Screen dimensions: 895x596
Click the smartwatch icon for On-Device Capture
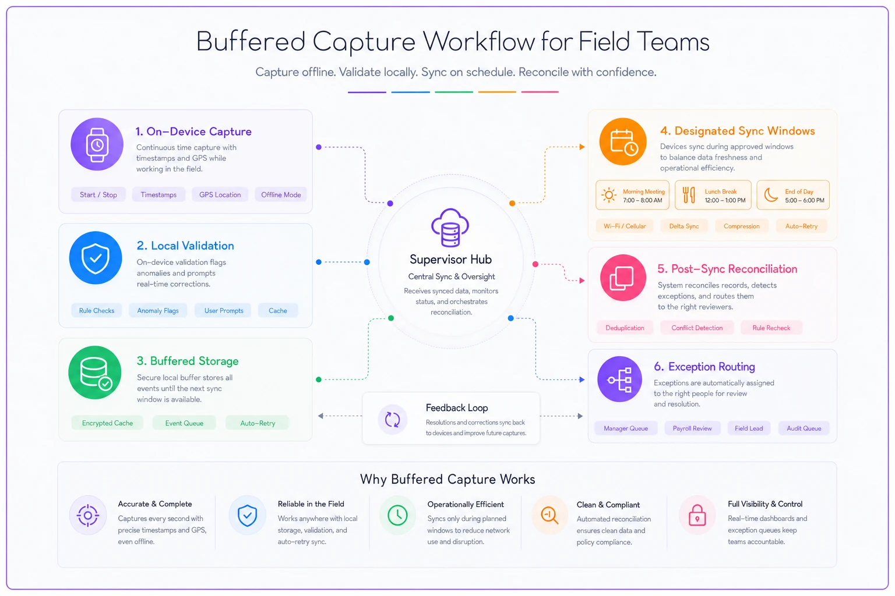coord(97,144)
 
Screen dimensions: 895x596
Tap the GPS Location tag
coord(220,195)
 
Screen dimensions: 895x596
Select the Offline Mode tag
coord(281,195)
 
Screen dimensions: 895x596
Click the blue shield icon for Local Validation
coord(96,258)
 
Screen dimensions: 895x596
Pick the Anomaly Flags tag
coord(158,311)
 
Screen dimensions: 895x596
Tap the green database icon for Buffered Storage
coord(95,372)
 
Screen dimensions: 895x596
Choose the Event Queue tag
coord(184,423)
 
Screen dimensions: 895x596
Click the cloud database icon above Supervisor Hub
coord(450,227)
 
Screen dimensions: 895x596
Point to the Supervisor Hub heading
coord(450,260)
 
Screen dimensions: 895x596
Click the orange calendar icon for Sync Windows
coord(623,141)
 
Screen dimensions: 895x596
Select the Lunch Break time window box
coord(713,195)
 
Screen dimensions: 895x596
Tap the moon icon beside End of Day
coord(771,195)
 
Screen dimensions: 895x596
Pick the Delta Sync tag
coord(684,226)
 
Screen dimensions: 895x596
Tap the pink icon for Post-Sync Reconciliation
coord(623,278)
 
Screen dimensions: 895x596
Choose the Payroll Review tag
coord(692,428)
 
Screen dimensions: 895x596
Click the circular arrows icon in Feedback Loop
coord(392,420)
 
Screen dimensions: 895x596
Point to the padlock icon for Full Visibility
coord(697,515)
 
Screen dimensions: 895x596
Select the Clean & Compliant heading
coord(608,505)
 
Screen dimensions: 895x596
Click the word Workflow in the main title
coord(478,41)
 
